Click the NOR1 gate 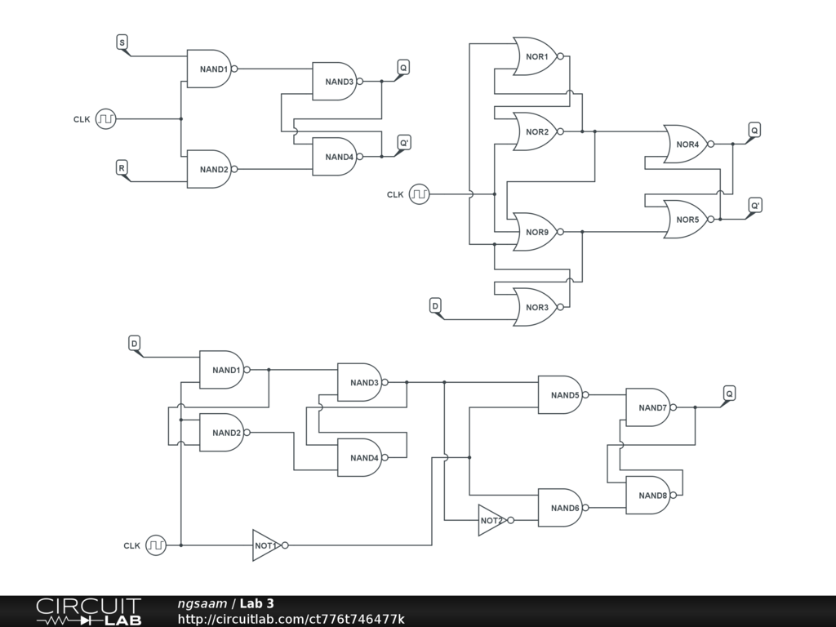click(x=536, y=56)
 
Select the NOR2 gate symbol click(x=536, y=132)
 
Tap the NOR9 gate click(x=536, y=232)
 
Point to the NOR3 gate click(x=536, y=307)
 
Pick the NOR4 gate click(x=687, y=145)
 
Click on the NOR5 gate click(x=687, y=220)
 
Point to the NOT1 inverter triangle click(x=265, y=545)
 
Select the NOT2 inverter click(x=491, y=521)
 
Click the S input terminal click(x=122, y=42)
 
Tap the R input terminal click(x=122, y=168)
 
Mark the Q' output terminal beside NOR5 click(x=755, y=205)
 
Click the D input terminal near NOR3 click(x=436, y=305)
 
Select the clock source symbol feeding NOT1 click(x=156, y=545)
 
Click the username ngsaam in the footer click(x=202, y=604)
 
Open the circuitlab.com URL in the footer click(x=291, y=620)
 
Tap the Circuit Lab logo click(x=88, y=611)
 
